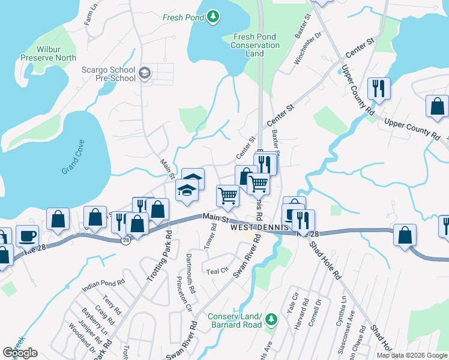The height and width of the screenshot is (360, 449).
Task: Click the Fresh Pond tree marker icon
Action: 212,17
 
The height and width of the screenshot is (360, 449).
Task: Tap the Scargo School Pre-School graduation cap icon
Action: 145,74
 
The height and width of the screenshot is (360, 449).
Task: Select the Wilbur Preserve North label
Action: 48,53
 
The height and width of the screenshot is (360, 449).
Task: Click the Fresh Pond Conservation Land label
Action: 256,45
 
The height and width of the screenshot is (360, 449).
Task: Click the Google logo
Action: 20,353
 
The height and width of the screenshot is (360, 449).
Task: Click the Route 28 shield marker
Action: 125,240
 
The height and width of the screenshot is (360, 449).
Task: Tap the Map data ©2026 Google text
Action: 411,355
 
